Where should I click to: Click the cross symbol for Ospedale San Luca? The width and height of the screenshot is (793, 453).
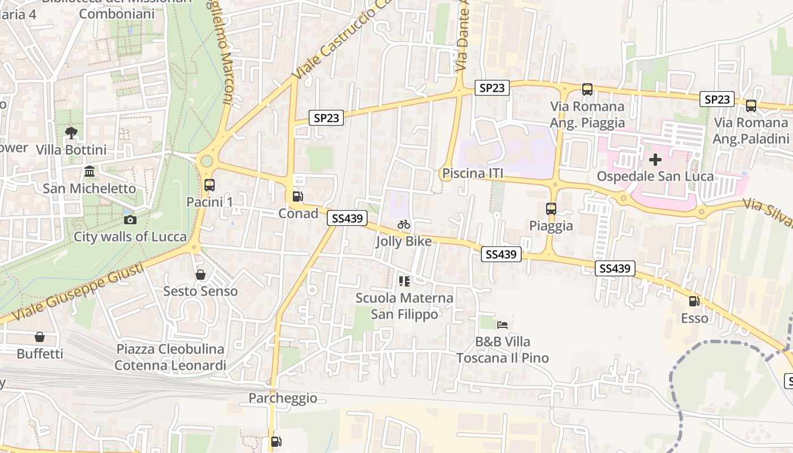point(655,160)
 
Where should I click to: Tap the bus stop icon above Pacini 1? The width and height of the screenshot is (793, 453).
point(209,185)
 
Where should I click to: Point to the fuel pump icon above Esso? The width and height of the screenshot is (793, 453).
point(694,301)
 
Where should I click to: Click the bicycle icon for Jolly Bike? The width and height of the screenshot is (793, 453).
point(404,225)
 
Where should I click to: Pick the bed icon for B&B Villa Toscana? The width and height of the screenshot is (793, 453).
point(502,325)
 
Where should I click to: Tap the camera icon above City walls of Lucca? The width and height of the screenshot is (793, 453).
point(130,220)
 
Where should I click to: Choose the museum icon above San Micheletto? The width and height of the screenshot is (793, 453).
point(89,171)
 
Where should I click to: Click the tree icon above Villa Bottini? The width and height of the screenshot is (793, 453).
point(71,133)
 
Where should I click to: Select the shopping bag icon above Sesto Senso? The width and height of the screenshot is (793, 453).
point(201,275)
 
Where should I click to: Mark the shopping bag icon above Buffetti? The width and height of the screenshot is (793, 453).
point(40,337)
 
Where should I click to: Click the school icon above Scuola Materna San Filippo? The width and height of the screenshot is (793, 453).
point(404,281)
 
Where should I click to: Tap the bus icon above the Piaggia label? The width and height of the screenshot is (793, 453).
point(551,208)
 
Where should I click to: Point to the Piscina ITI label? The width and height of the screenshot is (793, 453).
point(473,173)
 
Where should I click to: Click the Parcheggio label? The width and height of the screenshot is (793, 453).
point(283,398)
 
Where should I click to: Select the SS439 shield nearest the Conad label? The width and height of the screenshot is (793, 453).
point(347,218)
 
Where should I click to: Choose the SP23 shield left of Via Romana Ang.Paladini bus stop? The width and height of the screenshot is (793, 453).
point(717,100)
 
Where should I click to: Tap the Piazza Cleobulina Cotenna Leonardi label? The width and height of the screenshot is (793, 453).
point(170,357)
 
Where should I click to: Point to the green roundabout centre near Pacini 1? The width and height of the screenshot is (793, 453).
point(207,161)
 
